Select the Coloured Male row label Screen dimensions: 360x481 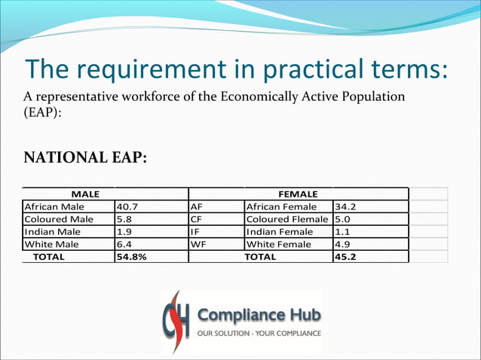(59, 219)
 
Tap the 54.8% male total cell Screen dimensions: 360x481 (131, 257)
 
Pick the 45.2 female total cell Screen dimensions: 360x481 (345, 257)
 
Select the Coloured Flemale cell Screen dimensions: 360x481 (287, 219)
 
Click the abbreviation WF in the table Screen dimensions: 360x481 (199, 245)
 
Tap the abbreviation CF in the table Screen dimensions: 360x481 (198, 219)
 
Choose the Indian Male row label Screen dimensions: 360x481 (52, 232)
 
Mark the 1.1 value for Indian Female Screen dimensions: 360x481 (342, 232)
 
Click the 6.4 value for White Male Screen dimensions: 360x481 (124, 245)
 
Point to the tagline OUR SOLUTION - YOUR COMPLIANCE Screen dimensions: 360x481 (259, 333)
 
